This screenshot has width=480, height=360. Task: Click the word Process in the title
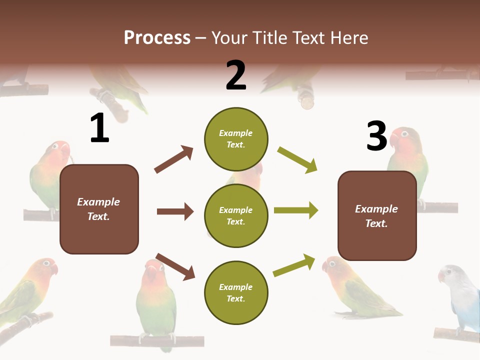(157, 38)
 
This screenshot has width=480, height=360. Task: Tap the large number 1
(99, 128)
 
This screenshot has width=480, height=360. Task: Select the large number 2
(236, 75)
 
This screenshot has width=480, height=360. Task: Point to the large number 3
(376, 136)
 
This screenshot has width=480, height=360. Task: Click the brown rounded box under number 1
(99, 209)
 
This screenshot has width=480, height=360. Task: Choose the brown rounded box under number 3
(377, 215)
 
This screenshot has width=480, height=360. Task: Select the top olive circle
(236, 139)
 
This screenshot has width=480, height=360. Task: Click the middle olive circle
(236, 215)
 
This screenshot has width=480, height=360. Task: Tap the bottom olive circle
(236, 292)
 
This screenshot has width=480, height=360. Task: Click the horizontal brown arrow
(175, 211)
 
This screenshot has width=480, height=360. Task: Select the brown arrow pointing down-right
(175, 266)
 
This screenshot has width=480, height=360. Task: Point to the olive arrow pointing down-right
(297, 160)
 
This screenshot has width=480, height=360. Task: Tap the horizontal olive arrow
(296, 210)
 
